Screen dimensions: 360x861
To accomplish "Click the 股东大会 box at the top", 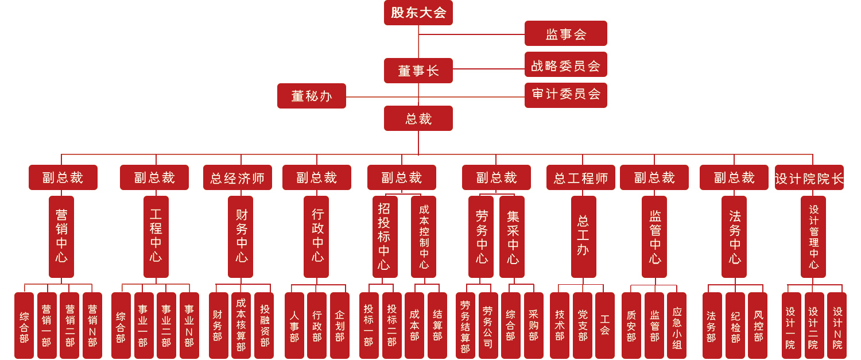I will (x=418, y=13).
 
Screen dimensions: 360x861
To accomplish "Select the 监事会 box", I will (x=565, y=34).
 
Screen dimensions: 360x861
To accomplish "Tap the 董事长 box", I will (x=418, y=71).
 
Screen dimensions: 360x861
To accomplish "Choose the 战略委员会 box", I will (x=565, y=65).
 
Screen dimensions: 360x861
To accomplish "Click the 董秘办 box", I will (x=311, y=96).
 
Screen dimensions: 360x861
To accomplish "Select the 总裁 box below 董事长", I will (x=418, y=118).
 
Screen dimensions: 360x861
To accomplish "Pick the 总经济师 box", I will (x=237, y=178).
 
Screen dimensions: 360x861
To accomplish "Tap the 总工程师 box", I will (x=580, y=178).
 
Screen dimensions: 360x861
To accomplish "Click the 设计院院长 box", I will (x=809, y=178).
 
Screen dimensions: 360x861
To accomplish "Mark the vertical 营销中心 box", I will (x=61, y=237).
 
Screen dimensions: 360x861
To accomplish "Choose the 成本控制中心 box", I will (x=424, y=237).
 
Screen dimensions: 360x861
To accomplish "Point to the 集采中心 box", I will (x=512, y=237).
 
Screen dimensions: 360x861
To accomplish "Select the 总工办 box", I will (x=583, y=237).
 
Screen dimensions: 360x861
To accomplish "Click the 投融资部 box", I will (x=264, y=326).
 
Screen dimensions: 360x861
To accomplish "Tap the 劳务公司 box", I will (x=488, y=326).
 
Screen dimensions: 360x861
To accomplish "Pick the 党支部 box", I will (x=582, y=326).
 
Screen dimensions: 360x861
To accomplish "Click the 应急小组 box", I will (x=677, y=326).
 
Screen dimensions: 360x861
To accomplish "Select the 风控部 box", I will (x=758, y=326).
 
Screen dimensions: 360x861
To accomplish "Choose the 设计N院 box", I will (x=837, y=326).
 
